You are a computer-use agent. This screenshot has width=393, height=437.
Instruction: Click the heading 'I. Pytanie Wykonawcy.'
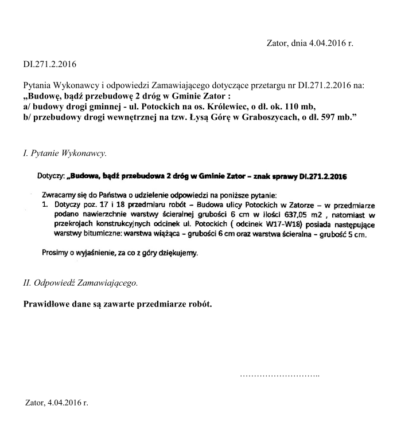coord(63,153)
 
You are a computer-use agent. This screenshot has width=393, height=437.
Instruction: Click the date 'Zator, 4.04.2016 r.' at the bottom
coord(57,403)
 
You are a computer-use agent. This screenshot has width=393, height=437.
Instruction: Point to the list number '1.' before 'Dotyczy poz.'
coord(45,203)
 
